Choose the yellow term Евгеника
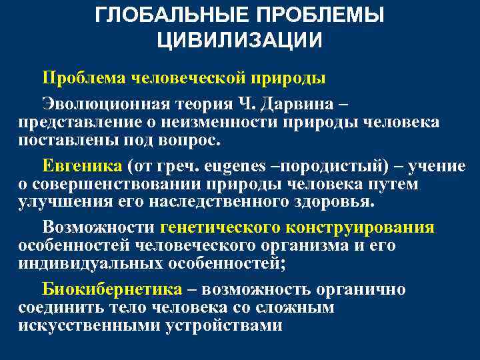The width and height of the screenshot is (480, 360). click(x=82, y=165)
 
